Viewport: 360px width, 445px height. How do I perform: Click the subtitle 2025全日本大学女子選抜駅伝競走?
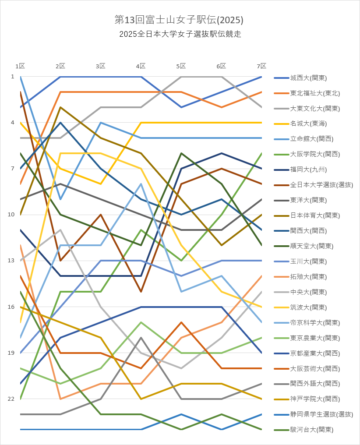(180, 34)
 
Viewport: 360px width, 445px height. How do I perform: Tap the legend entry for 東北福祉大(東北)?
(315, 93)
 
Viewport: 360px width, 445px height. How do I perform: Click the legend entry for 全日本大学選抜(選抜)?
(321, 185)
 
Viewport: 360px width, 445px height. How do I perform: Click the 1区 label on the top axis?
(20, 66)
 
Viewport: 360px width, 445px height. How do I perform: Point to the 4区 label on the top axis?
(141, 66)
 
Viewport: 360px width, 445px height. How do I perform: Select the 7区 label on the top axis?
(261, 66)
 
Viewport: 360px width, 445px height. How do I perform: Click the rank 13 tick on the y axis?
(11, 261)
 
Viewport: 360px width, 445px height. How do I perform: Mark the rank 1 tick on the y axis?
(13, 77)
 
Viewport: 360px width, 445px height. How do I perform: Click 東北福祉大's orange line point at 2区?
(60, 92)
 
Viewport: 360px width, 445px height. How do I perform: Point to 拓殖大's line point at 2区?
(60, 399)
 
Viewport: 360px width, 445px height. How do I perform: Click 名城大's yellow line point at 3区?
(101, 184)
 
